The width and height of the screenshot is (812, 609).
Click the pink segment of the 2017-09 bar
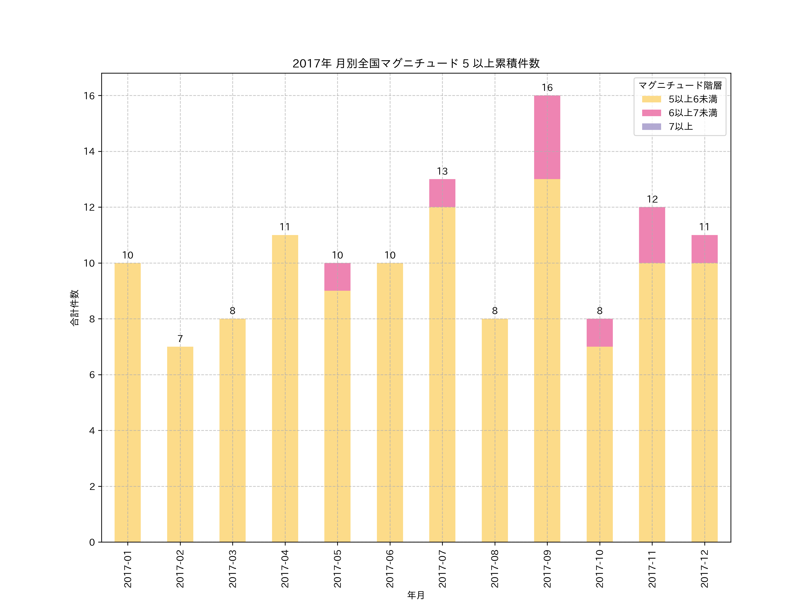tap(547, 137)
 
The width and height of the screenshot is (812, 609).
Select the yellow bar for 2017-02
tap(180, 444)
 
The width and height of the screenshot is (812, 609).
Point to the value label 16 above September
tap(547, 88)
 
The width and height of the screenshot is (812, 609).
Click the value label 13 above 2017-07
tap(442, 171)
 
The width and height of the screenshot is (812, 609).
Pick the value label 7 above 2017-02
tap(180, 339)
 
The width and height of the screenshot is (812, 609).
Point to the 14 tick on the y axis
tap(89, 152)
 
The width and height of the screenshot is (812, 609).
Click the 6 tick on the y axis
tap(92, 375)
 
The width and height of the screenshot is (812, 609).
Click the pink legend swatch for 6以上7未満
tap(651, 113)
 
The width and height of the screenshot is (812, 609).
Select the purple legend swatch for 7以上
tap(651, 127)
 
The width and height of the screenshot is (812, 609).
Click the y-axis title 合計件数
tap(74, 308)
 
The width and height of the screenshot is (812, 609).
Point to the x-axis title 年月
tap(416, 595)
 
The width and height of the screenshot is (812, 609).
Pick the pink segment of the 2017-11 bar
tap(652, 235)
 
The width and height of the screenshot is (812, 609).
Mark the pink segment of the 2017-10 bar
tap(600, 333)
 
